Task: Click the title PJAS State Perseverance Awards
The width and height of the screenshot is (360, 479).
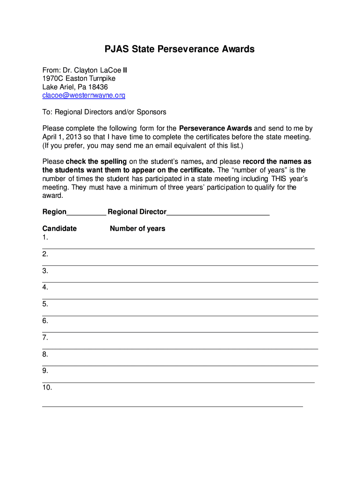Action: pos(179,49)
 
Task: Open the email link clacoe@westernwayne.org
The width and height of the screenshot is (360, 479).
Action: pos(84,95)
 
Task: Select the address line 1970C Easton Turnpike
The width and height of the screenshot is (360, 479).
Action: pos(79,79)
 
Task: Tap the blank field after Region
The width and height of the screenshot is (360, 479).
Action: pos(86,212)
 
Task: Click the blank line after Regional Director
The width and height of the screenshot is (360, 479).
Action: pos(218,212)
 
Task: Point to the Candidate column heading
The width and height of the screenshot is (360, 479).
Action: pos(59,229)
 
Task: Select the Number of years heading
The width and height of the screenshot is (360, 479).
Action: pos(137,229)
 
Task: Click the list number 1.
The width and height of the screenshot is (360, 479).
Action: pos(45,237)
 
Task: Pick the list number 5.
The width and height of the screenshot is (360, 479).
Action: pos(45,304)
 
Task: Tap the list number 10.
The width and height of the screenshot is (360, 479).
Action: pos(47,387)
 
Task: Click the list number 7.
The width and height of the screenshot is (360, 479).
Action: pos(45,337)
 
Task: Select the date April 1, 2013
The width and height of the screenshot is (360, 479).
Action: pos(63,137)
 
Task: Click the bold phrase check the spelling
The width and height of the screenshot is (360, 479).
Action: pos(96,162)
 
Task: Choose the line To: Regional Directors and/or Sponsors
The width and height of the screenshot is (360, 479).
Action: pos(104,112)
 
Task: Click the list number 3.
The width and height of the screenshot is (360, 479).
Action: pos(45,271)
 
